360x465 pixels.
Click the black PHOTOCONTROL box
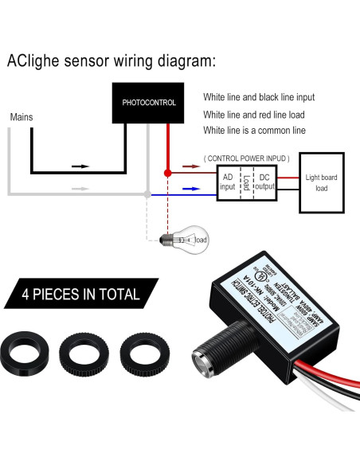[x=148, y=103]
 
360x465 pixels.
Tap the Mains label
[x=22, y=117]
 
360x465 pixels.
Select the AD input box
[x=228, y=181]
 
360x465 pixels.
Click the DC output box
[x=264, y=181]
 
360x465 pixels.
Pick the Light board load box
[x=321, y=182]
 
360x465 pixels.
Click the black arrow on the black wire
[x=80, y=167]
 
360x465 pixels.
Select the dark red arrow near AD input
[x=189, y=169]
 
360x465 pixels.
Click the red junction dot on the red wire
[x=166, y=172]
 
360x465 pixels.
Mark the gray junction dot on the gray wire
[x=147, y=193]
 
